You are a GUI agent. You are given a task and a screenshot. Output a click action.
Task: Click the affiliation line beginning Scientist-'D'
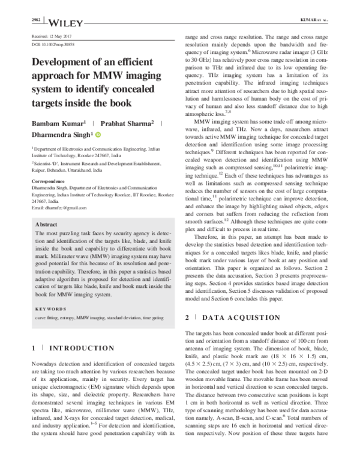(x=96, y=163)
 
